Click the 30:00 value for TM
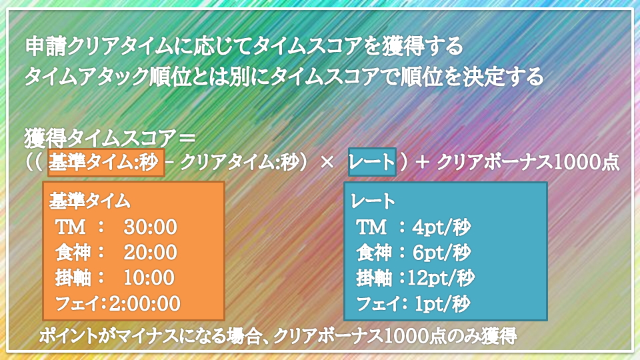150,227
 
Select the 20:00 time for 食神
150,253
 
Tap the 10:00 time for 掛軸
149,278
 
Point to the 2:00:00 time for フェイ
145,304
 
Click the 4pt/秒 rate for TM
441,227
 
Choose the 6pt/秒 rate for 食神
441,253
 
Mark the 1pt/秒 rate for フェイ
443,304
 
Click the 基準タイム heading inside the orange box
89,201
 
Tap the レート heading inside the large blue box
373,201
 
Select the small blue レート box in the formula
372,162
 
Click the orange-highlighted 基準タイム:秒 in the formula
106,163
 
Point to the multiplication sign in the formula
327,163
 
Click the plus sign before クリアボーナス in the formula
423,163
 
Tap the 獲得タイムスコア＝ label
110,138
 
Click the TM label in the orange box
70,227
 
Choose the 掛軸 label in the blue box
374,279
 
